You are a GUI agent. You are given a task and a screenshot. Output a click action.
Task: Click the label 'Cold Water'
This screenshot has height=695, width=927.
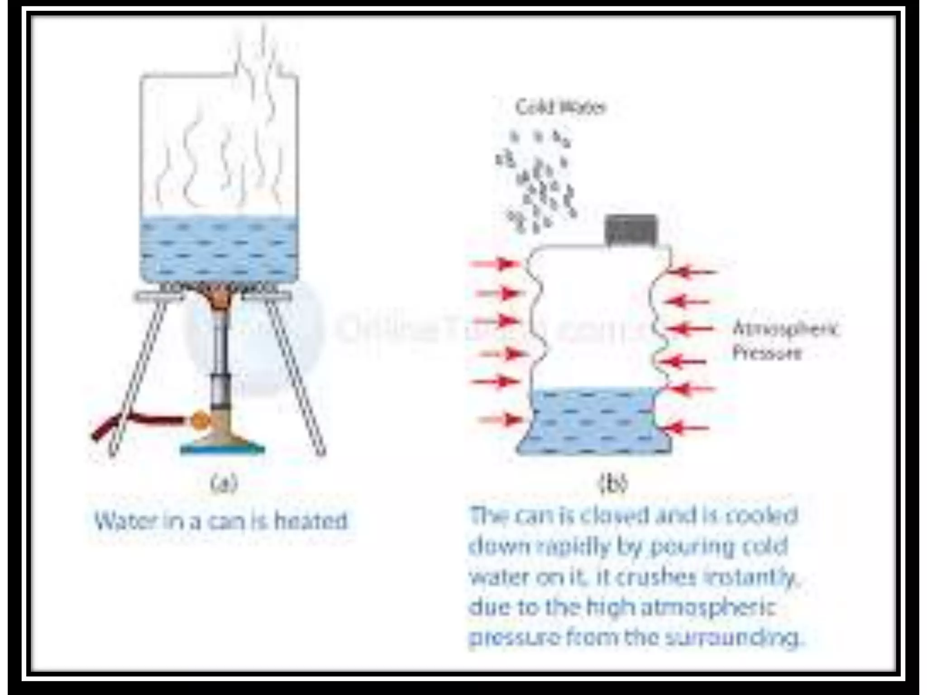pos(560,108)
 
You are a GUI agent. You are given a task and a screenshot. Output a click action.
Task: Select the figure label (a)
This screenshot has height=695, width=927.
pos(224,483)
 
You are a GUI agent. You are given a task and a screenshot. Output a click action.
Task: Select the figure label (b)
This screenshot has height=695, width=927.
pos(613,483)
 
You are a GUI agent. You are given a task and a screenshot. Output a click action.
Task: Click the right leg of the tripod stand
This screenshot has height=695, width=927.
pos(296,376)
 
